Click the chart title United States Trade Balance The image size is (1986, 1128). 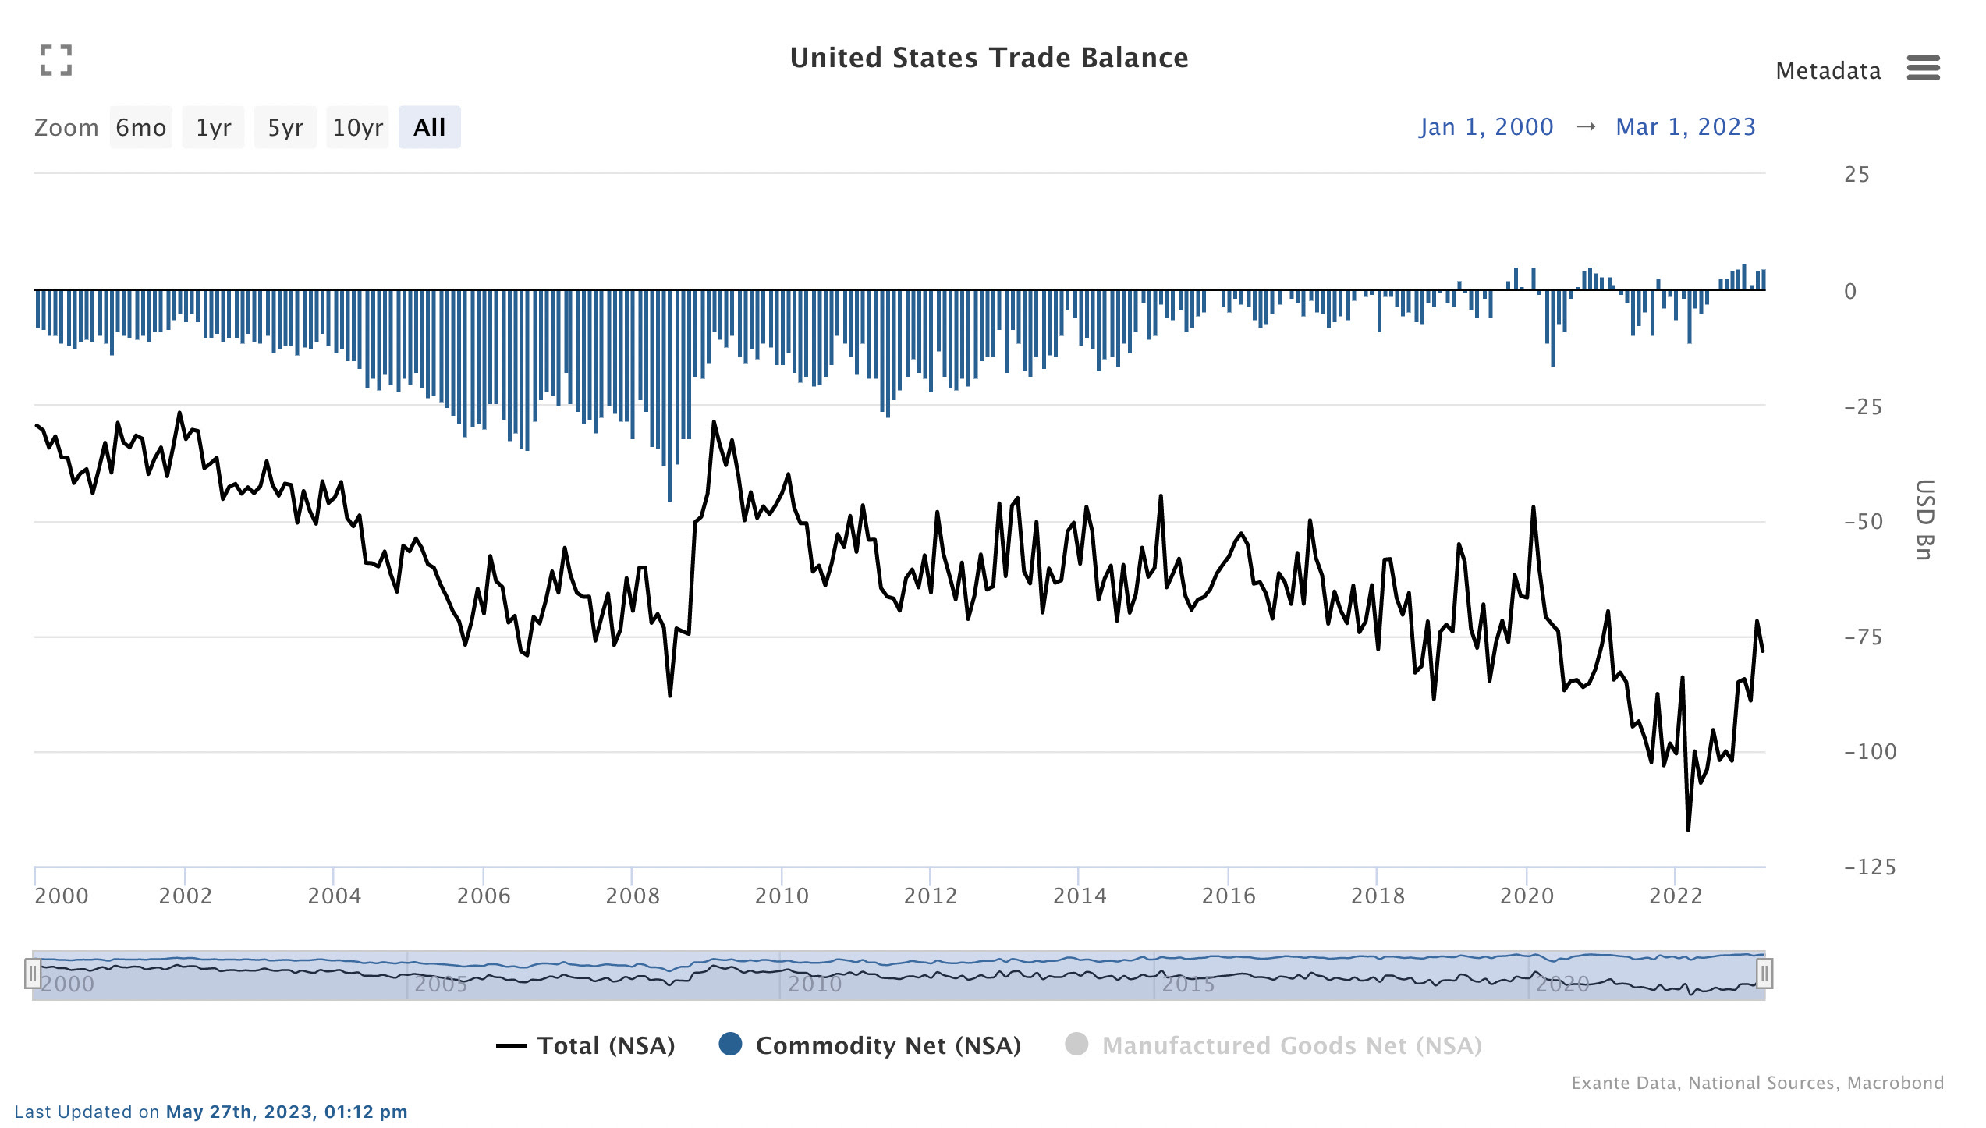988,58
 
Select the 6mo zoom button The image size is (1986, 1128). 140,127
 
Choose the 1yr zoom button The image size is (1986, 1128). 213,127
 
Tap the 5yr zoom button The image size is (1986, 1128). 285,127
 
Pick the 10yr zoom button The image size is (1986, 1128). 357,127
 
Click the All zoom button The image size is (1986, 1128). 429,127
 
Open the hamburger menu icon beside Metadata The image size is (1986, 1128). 1923,68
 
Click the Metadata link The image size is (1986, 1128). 1828,71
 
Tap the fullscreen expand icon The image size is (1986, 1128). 56,60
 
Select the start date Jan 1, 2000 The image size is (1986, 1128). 1486,127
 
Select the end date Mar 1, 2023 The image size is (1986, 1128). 1685,127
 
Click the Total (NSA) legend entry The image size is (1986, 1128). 587,1045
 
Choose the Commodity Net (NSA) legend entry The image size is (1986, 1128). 871,1045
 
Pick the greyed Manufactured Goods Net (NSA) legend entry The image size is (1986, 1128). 1275,1045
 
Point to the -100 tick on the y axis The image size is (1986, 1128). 1870,752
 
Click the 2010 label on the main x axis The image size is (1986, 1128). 782,896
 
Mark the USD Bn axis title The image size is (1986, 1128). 1924,520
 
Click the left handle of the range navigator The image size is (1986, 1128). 33,974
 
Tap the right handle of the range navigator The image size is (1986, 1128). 1764,974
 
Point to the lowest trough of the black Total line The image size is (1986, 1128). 1688,829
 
